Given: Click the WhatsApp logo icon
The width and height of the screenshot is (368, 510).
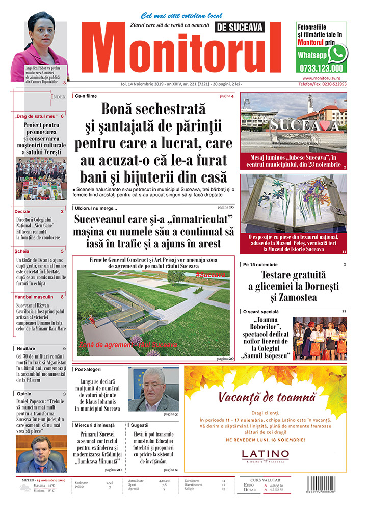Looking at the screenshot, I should (x=337, y=53).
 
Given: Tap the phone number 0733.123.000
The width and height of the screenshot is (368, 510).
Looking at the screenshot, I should (x=322, y=68).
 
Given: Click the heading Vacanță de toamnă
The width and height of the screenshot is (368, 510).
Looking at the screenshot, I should (x=265, y=397).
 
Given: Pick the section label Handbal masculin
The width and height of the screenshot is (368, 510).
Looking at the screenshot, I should (x=33, y=297).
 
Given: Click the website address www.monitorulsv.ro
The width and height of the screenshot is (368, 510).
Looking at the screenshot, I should (x=322, y=78).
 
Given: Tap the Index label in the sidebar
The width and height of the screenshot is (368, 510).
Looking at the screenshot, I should (x=58, y=96).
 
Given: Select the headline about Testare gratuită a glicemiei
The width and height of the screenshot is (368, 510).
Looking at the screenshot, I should (x=293, y=287).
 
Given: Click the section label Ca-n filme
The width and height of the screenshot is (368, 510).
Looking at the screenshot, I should (x=86, y=96).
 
